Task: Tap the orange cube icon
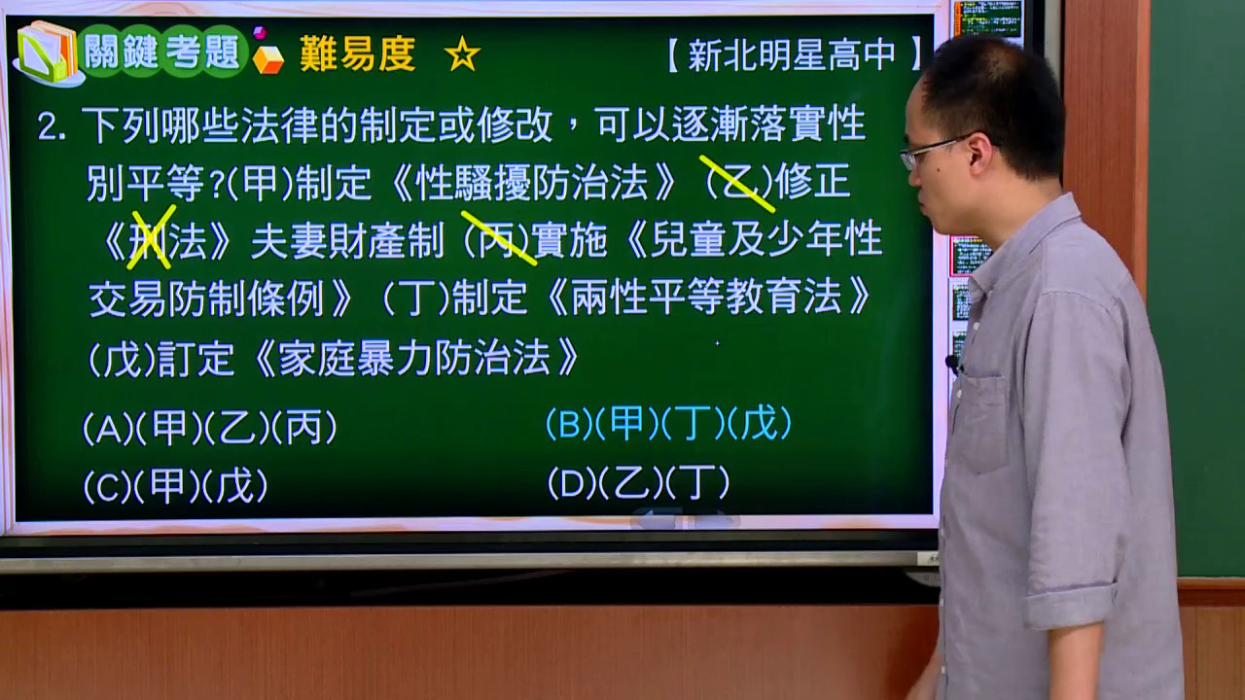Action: coord(267,59)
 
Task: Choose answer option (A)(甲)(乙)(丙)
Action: coord(209,428)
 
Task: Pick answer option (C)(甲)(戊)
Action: coord(175,485)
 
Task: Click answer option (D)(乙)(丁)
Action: coord(639,482)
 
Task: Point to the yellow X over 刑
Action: coord(151,237)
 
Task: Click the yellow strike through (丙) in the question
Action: coord(499,238)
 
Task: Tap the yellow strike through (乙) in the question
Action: coord(737,184)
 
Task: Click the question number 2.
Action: coord(52,126)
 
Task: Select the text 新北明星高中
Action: coord(792,55)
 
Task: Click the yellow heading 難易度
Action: coord(357,53)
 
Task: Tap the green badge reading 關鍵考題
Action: coord(162,52)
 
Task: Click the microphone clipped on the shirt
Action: coord(953,365)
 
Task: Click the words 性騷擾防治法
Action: coord(532,183)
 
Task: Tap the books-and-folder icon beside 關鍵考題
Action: coord(49,53)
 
